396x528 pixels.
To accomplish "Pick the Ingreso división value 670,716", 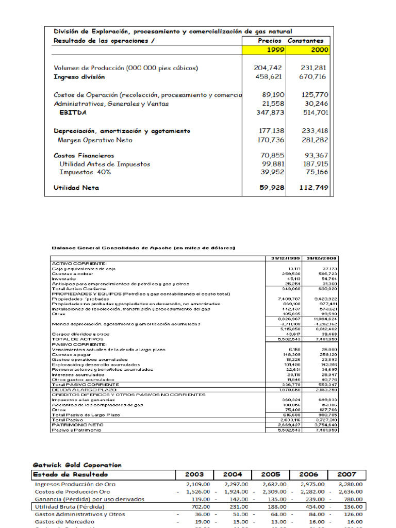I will coord(312,77).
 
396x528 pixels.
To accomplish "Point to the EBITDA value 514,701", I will coord(312,112).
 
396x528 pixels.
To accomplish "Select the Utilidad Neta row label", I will coord(76,188).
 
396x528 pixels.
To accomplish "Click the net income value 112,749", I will coord(313,188).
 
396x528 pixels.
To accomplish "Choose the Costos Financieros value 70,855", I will coord(270,155).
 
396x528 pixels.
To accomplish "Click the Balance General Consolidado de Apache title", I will coord(144,248).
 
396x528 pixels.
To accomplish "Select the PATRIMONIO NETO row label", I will coord(71,425).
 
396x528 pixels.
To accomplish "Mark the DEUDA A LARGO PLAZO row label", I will coord(77,390).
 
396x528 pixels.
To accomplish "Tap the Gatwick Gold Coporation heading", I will coord(77,465).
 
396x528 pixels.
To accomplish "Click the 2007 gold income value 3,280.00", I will coord(351,484).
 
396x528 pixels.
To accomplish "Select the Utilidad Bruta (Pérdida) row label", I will coord(68,506).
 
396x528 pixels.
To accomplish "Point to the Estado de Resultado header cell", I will coord(71,474).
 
